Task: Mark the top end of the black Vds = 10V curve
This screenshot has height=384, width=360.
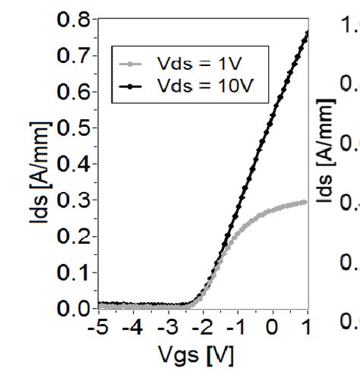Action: click(307, 33)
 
